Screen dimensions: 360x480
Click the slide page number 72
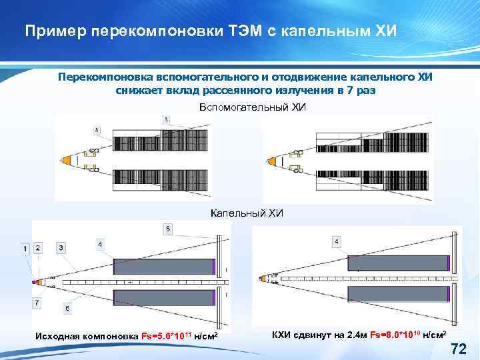tap(458, 347)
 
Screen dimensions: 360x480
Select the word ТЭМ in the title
tap(242, 31)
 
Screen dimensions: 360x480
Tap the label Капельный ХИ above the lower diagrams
tap(247, 213)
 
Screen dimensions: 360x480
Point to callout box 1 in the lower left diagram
tap(25, 248)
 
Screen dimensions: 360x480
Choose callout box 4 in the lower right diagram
tap(336, 241)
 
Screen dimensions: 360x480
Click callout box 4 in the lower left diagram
tap(100, 244)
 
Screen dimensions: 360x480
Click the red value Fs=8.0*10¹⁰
tap(392, 333)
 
